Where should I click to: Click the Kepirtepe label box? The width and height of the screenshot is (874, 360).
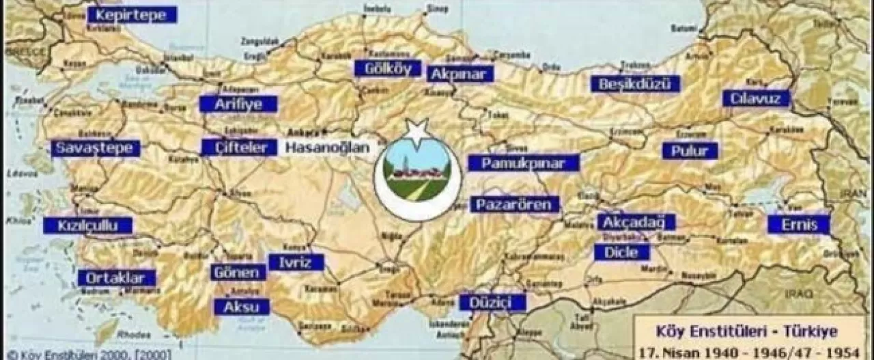point(132,14)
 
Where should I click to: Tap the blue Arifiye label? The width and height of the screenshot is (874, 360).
point(238,104)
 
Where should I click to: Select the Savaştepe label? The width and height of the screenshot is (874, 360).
point(96,148)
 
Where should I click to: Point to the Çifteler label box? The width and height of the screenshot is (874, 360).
point(239,147)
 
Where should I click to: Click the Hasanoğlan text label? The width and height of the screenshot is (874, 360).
point(327,147)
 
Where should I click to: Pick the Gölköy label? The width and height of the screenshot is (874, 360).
point(387,68)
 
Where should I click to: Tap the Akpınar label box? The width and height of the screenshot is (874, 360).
point(460,73)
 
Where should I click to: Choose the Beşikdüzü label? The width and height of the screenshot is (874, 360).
point(636,83)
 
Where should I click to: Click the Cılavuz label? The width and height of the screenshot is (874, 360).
point(756,98)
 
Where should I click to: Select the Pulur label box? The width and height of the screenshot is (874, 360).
point(690,150)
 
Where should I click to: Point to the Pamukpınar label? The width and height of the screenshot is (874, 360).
point(523,163)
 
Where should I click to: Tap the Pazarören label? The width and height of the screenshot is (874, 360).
point(516,204)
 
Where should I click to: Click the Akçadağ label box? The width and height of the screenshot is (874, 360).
point(636,222)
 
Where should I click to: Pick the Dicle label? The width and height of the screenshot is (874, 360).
point(621,252)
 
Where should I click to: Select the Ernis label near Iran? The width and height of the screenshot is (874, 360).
point(798,224)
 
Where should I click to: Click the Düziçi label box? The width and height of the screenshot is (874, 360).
point(492,302)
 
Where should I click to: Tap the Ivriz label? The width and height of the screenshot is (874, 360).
point(296,262)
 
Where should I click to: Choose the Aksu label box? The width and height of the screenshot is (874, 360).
point(242,307)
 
